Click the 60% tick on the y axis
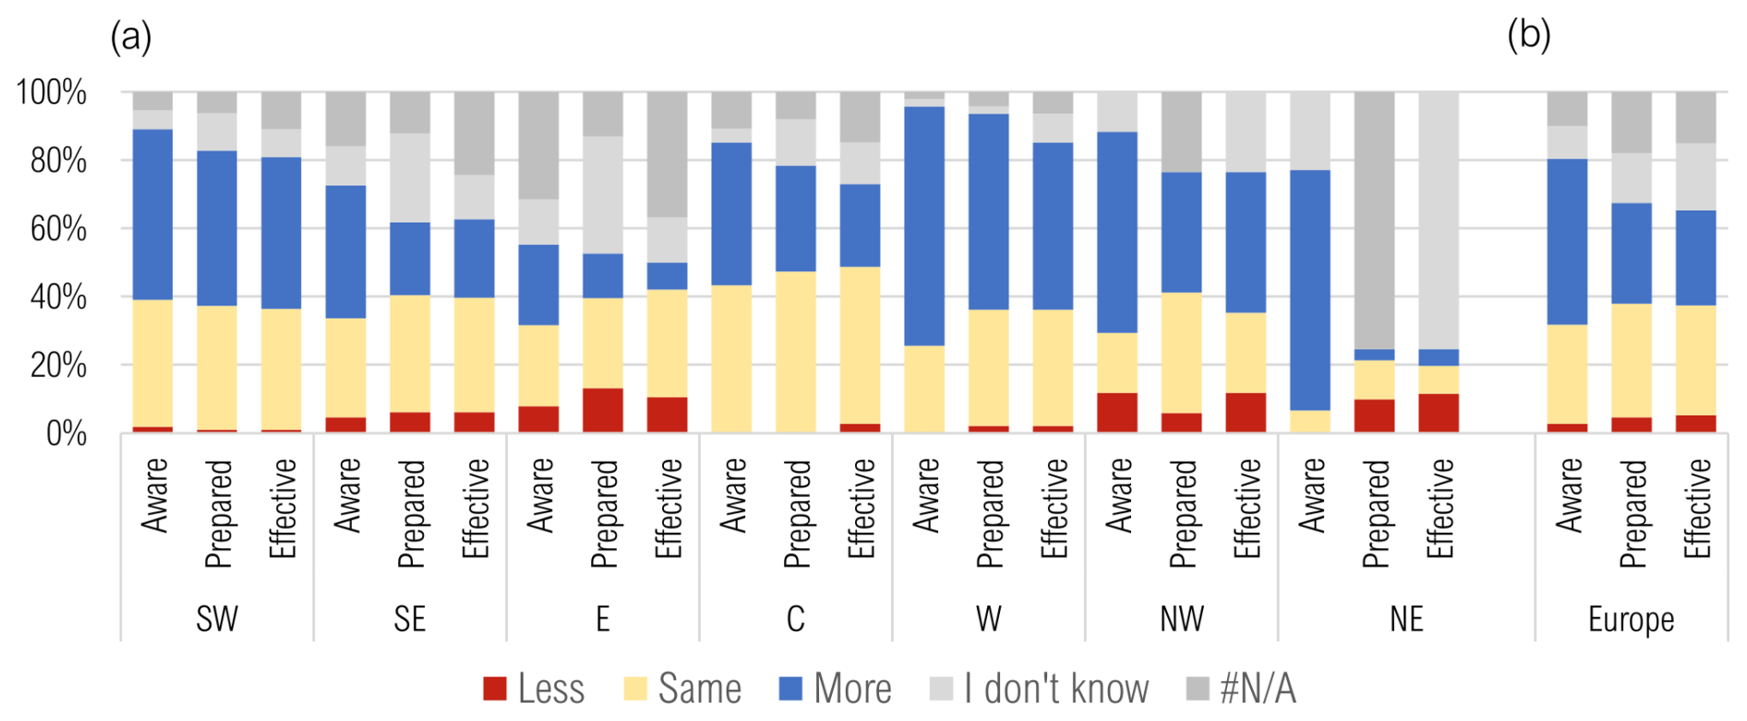tap(57, 229)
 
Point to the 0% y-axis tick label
tap(66, 434)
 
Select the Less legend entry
tap(534, 689)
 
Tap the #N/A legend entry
tap(1241, 689)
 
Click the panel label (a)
tap(130, 37)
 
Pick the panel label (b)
tap(1528, 35)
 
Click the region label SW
tap(217, 619)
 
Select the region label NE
tap(1406, 619)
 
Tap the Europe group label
tap(1631, 619)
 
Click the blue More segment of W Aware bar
tap(924, 226)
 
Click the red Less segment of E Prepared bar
tap(603, 410)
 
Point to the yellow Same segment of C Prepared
tap(796, 351)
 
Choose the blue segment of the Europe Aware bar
tap(1567, 242)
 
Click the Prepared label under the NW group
tap(1183, 513)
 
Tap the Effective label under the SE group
tap(475, 509)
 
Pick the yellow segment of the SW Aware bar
tap(152, 363)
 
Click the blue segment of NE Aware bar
tap(1310, 290)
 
